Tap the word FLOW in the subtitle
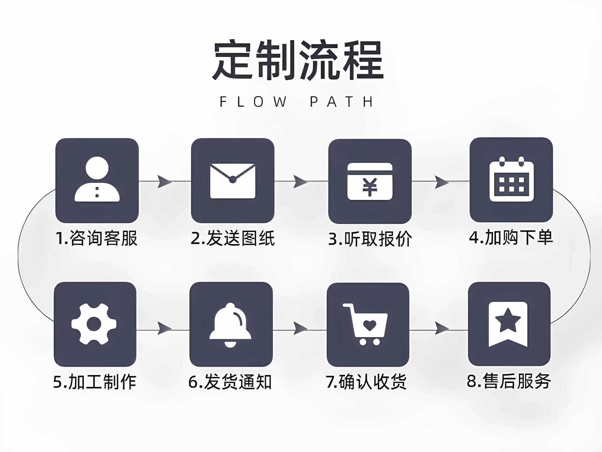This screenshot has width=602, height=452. coord(253,102)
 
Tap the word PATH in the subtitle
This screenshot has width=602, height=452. coord(342,102)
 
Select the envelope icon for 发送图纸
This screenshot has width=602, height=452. coord(233,181)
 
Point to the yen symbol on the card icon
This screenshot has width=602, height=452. coord(370,187)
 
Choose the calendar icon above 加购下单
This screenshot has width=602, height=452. coord(511,180)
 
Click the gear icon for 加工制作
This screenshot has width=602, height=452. coord(94,324)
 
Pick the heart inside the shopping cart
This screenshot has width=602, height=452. coord(370,326)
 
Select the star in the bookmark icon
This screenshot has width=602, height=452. coord(508,320)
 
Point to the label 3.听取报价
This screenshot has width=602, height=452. coord(370,239)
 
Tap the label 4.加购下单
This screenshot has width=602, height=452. coord(511,237)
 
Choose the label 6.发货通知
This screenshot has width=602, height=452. coord(230,382)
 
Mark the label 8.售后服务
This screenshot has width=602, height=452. coord(509,381)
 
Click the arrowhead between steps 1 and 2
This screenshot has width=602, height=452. coord(164,181)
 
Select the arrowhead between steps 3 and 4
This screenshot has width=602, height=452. coord(441,182)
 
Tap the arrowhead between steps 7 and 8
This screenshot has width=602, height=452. coord(441,328)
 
